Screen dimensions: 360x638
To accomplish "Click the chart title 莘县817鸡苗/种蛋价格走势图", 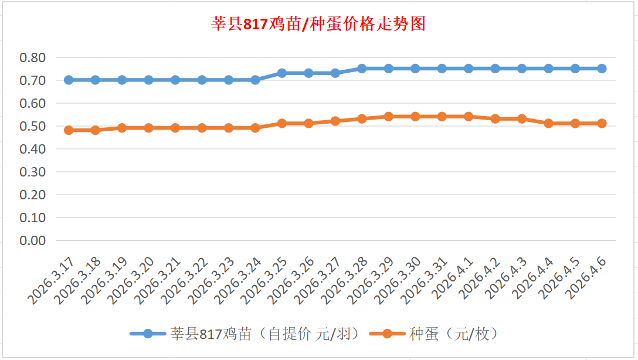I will pos(318,25).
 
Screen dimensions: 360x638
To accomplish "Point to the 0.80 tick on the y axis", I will pos(32,57).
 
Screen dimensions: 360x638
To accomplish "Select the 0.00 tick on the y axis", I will pos(32,240).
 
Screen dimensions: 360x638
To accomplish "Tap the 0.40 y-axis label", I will pos(32,149).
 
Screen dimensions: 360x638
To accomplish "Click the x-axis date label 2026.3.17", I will pos(52,280).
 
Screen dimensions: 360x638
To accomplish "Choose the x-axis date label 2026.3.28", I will pos(345,280).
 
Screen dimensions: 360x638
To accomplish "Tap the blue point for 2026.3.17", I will pos(69,80).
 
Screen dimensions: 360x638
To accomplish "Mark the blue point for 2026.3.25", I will pos(282,73).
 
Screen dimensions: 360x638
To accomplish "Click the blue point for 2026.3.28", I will pos(362,69).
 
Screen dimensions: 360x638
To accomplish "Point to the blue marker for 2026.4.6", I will pos(602,69).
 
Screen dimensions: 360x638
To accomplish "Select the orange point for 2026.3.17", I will pos(69,130).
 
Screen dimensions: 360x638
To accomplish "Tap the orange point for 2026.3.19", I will pos(122,128).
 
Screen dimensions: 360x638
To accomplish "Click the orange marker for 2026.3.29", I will pos(388,117).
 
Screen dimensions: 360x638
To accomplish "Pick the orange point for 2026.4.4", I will pos(548,124).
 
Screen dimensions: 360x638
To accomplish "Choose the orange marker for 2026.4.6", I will pos(602,124).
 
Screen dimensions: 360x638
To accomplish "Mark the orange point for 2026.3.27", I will pos(335,121).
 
